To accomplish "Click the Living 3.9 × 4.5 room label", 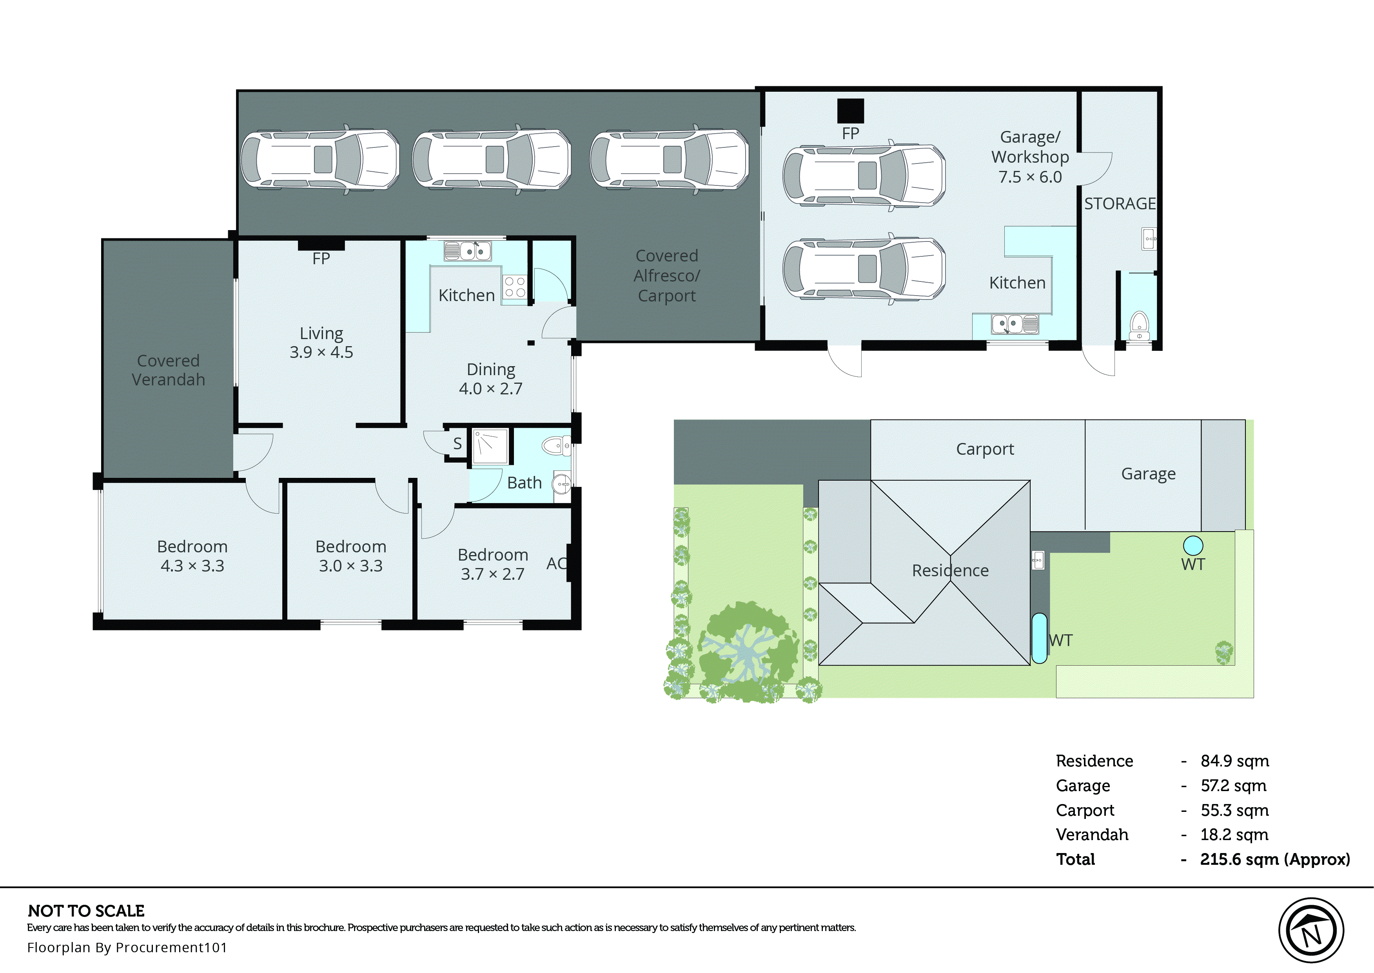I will [321, 342].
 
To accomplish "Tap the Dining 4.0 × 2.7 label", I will [490, 379].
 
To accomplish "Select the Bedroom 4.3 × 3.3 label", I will [192, 556].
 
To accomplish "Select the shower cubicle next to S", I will [490, 447].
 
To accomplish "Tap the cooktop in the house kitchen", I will [514, 287].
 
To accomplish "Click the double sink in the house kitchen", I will [468, 251].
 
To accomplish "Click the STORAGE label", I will [1120, 204].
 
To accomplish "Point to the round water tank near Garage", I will [1192, 545].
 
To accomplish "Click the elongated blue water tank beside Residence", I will [1039, 638].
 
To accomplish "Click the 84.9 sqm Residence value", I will [1234, 761].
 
